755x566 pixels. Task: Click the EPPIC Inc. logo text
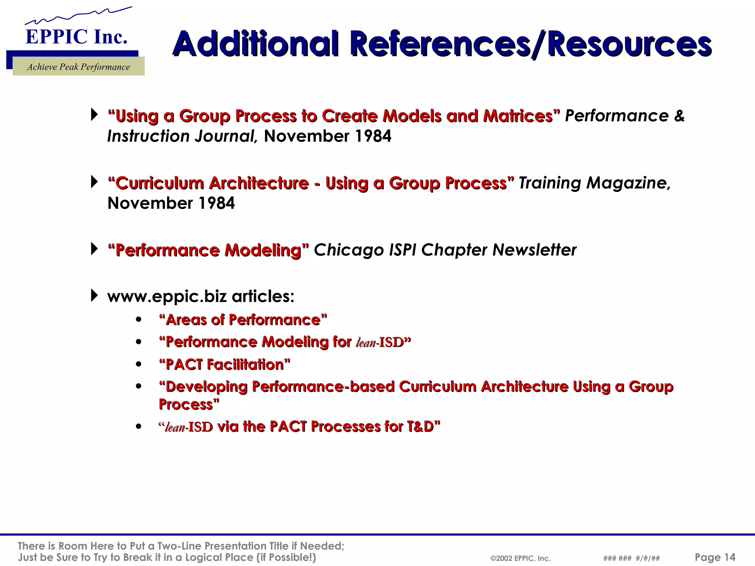(76, 37)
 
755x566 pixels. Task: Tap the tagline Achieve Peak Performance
(79, 67)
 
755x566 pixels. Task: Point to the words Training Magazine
(594, 183)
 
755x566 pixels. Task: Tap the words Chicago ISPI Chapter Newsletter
(445, 250)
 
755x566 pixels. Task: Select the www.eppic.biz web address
(167, 296)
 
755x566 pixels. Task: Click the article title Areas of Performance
(243, 320)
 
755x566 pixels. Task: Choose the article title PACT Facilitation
(225, 365)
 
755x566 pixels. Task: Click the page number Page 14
(715, 557)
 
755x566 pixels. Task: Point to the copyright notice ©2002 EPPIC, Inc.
(521, 558)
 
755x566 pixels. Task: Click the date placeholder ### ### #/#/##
(632, 558)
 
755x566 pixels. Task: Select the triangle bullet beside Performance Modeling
(94, 249)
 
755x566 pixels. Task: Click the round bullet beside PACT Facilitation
(139, 365)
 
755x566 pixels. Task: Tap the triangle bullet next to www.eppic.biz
(94, 296)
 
